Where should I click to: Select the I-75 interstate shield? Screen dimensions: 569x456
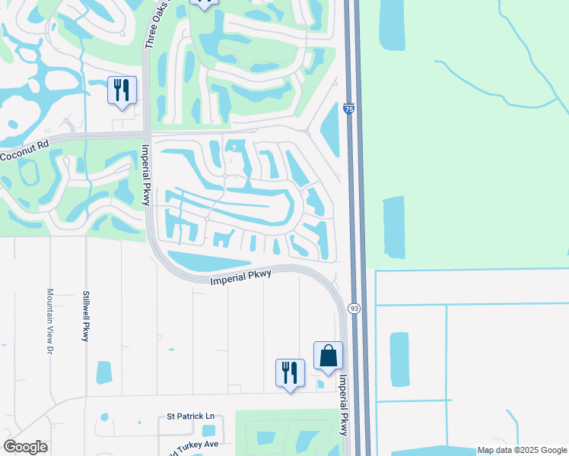(x=348, y=109)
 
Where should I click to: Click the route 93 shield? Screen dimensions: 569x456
(x=354, y=308)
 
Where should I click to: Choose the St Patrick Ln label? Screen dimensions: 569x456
(x=191, y=416)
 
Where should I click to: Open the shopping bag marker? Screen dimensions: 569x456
(x=328, y=356)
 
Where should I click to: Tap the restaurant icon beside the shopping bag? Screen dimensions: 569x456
(x=290, y=373)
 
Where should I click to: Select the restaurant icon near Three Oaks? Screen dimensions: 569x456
(x=122, y=90)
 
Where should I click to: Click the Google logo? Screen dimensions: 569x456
(x=25, y=447)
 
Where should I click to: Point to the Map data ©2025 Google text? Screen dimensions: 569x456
(x=522, y=450)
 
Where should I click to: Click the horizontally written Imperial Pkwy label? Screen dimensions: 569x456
(x=240, y=277)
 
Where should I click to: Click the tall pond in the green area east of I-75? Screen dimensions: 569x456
(x=393, y=226)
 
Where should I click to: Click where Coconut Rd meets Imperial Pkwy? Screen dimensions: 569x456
(x=145, y=135)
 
